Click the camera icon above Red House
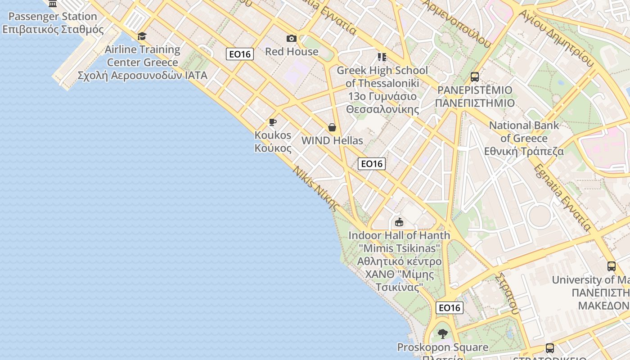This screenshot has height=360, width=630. [292, 39]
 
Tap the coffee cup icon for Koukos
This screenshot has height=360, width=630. [272, 122]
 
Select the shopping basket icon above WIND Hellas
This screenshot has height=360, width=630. [332, 127]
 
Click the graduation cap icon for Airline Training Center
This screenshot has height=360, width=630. [142, 36]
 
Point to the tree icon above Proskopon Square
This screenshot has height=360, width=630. [443, 334]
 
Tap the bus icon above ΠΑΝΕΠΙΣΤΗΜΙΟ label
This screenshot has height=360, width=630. [474, 77]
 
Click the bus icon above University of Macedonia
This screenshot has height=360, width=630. [611, 266]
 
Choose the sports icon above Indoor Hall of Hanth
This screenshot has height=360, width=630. [399, 222]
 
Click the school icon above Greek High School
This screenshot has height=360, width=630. [382, 57]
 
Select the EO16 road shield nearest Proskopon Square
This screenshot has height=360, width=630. [449, 308]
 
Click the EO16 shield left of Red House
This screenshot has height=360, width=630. [240, 54]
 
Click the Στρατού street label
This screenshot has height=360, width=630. [507, 292]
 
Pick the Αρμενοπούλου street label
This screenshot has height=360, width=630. [457, 22]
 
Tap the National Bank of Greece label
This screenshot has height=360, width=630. [524, 138]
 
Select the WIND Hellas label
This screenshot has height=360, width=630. [332, 140]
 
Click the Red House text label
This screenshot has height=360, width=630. [292, 52]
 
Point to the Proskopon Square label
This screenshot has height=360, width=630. [442, 347]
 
